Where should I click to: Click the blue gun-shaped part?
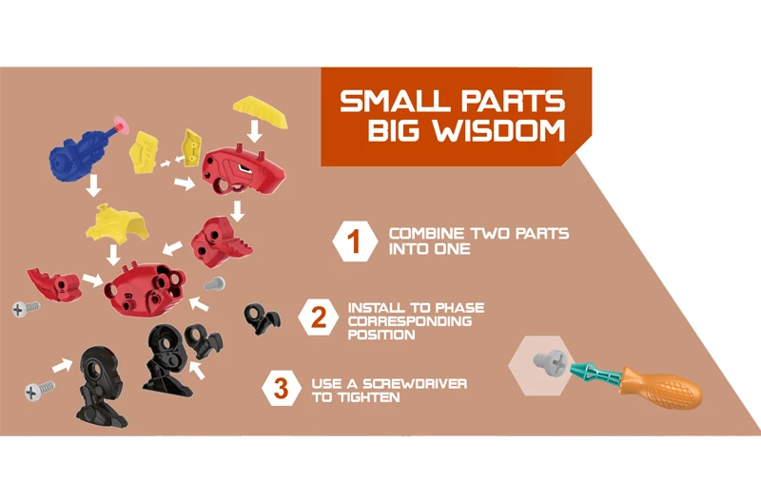point(81,150)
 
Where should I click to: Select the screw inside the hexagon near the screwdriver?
point(547,363)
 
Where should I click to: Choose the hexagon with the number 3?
point(282,388)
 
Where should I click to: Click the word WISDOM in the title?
point(504,130)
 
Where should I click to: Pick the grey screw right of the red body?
point(215,283)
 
